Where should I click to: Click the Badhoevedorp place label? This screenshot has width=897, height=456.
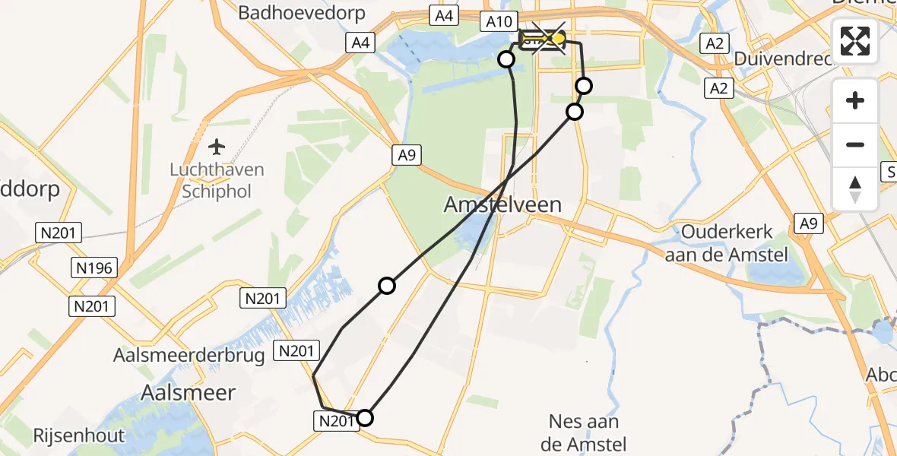tap(302, 13)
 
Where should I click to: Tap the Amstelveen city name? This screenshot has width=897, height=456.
tap(503, 204)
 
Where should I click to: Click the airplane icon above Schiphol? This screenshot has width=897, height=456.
tap(218, 146)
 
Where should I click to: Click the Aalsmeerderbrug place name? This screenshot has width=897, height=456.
tap(189, 355)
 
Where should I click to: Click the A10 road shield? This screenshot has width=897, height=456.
tap(499, 22)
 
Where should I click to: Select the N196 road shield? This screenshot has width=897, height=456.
tap(94, 268)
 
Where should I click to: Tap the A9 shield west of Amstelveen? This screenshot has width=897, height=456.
tap(406, 155)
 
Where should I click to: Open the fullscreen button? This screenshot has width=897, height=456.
tap(855, 41)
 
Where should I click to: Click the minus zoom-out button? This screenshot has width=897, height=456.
tap(855, 144)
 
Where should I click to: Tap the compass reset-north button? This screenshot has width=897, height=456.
tap(855, 188)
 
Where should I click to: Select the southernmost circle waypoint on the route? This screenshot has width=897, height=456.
tap(365, 417)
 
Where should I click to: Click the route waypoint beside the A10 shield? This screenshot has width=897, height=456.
tap(506, 59)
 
